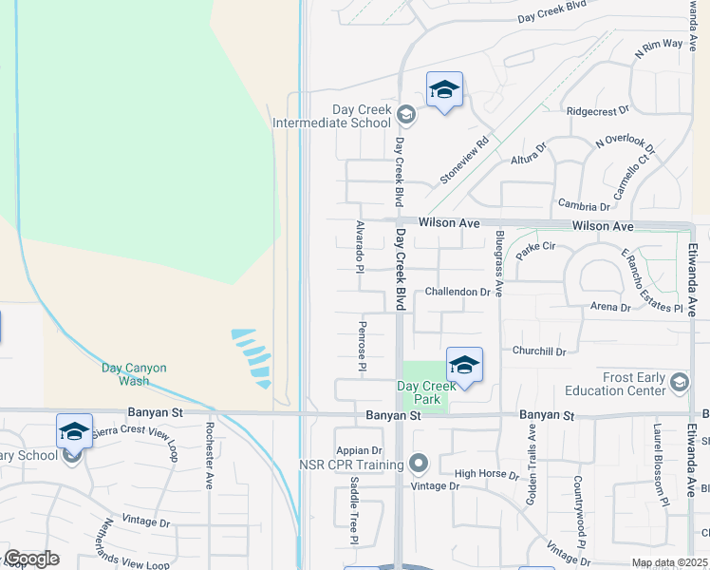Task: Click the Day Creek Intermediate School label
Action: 331,117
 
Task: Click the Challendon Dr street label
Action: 458,292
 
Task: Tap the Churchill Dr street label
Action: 538,351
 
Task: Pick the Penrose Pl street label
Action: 363,346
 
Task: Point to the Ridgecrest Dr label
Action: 597,111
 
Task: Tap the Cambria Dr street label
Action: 584,206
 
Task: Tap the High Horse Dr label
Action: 486,474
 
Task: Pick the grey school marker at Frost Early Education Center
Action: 679,383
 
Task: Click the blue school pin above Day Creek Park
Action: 464,366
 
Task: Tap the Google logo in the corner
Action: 30,559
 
